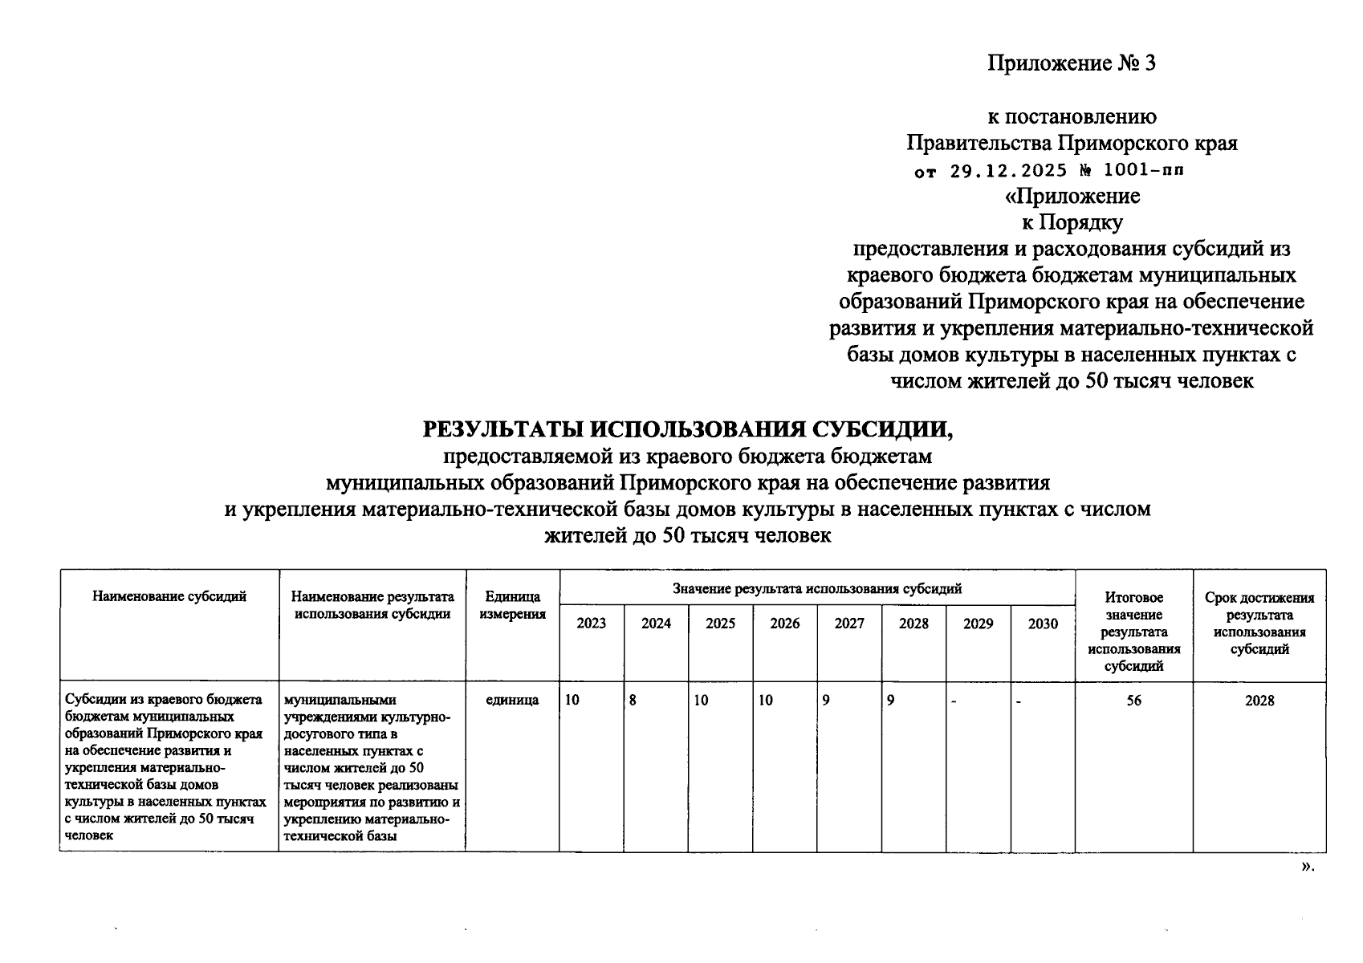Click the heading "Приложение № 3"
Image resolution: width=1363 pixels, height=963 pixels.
pyautogui.click(x=1071, y=64)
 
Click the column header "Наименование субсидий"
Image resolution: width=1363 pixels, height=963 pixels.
pyautogui.click(x=169, y=596)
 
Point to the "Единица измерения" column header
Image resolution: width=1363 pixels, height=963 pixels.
pyautogui.click(x=512, y=606)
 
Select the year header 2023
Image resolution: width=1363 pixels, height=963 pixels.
pyautogui.click(x=592, y=624)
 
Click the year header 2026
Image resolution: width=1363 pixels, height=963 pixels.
pyautogui.click(x=784, y=624)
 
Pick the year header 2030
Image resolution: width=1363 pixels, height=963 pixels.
pyautogui.click(x=1043, y=624)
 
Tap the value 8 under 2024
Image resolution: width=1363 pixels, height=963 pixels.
pyautogui.click(x=633, y=701)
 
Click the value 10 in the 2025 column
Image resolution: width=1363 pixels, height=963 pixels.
pyautogui.click(x=702, y=701)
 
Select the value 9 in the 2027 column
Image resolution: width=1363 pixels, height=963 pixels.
pyautogui.click(x=826, y=701)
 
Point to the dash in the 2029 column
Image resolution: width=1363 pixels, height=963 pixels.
pyautogui.click(x=954, y=701)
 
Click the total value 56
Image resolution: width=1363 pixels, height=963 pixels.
pyautogui.click(x=1133, y=701)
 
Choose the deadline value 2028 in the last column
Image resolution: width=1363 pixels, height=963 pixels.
pyautogui.click(x=1259, y=701)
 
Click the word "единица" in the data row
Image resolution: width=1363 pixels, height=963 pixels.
pyautogui.click(x=512, y=701)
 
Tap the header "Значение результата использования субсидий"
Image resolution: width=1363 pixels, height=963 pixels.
pyautogui.click(x=817, y=589)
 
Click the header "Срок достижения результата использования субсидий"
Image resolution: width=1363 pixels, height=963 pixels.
pyautogui.click(x=1259, y=624)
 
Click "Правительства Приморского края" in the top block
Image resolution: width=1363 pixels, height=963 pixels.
pyautogui.click(x=1072, y=144)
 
